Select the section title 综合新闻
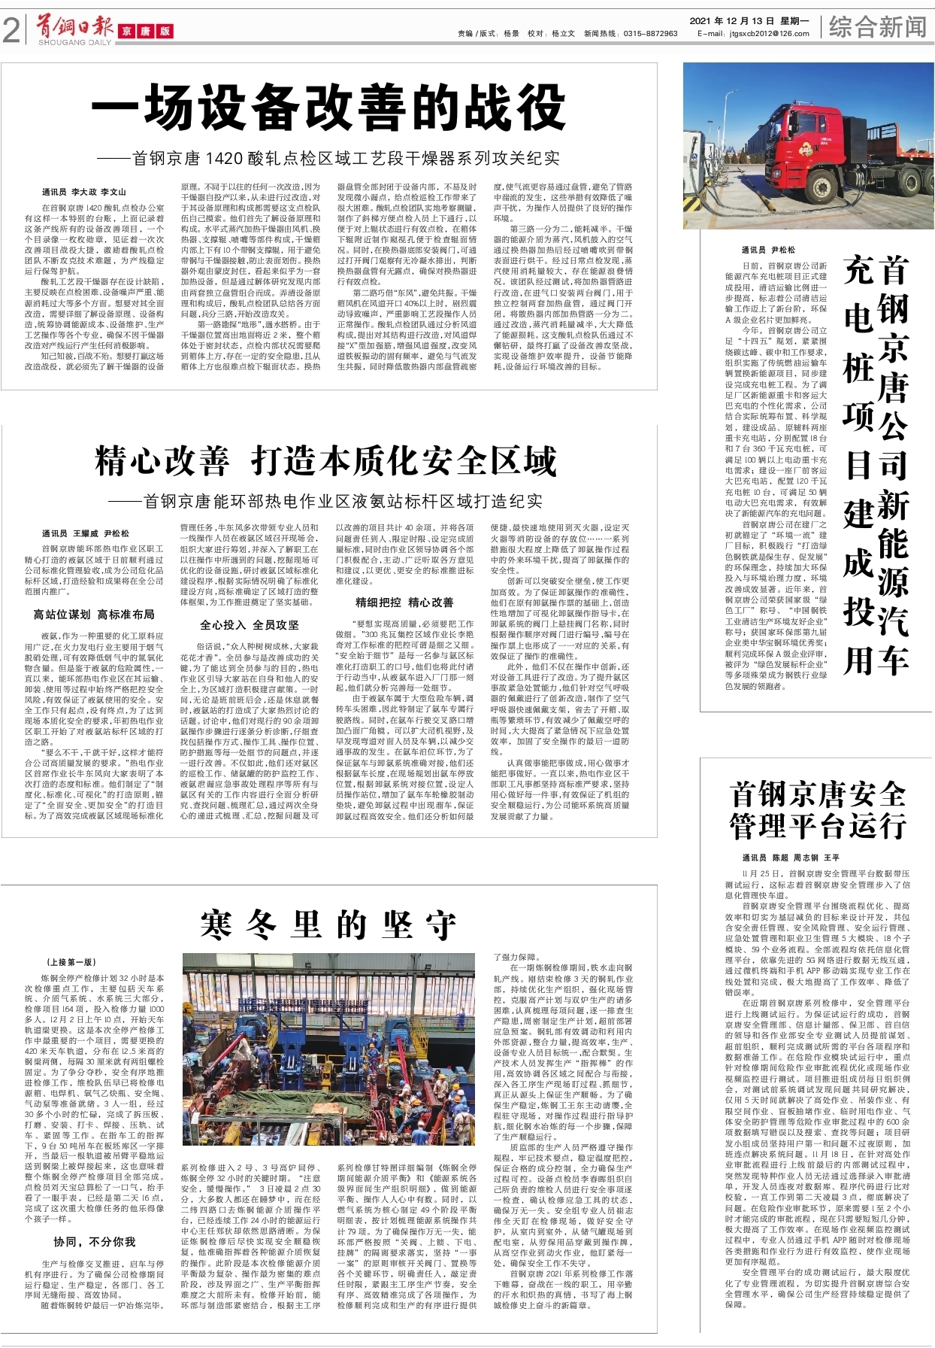tap(877, 28)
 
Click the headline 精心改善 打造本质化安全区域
tap(325, 461)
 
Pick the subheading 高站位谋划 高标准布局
tap(93, 615)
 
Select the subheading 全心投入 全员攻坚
tap(250, 625)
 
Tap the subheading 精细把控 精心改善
tap(404, 603)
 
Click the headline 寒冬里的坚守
tap(328, 924)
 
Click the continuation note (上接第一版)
tap(71, 962)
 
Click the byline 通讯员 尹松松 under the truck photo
tap(767, 250)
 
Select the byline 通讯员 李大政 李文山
tap(84, 193)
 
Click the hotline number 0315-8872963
tap(651, 34)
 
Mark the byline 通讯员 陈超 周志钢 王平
tap(791, 858)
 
